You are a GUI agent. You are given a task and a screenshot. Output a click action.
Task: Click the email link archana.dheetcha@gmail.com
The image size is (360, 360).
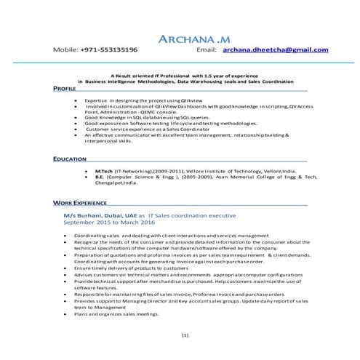pyautogui.click(x=276, y=50)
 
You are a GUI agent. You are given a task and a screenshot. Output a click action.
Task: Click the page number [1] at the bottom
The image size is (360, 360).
pyautogui.click(x=185, y=336)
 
